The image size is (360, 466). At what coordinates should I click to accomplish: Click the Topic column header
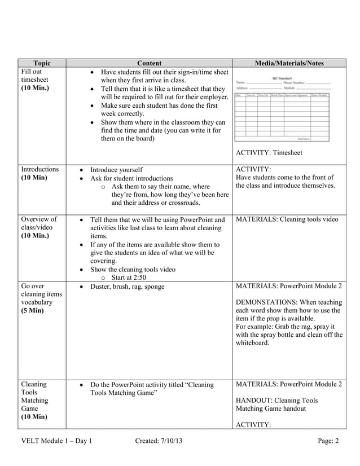tap(42, 63)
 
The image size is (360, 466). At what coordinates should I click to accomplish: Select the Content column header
tap(150, 63)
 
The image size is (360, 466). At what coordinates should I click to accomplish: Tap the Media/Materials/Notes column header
tap(288, 63)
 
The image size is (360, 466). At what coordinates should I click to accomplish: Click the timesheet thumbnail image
tap(282, 108)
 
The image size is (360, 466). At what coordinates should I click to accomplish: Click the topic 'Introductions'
tap(39, 169)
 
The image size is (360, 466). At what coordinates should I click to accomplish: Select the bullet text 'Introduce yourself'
tap(117, 169)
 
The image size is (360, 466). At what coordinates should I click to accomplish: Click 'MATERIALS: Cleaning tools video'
tap(287, 219)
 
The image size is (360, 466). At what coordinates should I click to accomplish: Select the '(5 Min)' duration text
tap(32, 310)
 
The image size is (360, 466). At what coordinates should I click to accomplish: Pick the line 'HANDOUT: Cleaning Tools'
tap(276, 401)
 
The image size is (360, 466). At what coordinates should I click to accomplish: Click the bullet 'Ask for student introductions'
tap(132, 178)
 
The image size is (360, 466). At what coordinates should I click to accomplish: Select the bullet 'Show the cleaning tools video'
tap(133, 269)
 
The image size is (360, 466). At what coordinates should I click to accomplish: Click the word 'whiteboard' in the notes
tap(252, 342)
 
